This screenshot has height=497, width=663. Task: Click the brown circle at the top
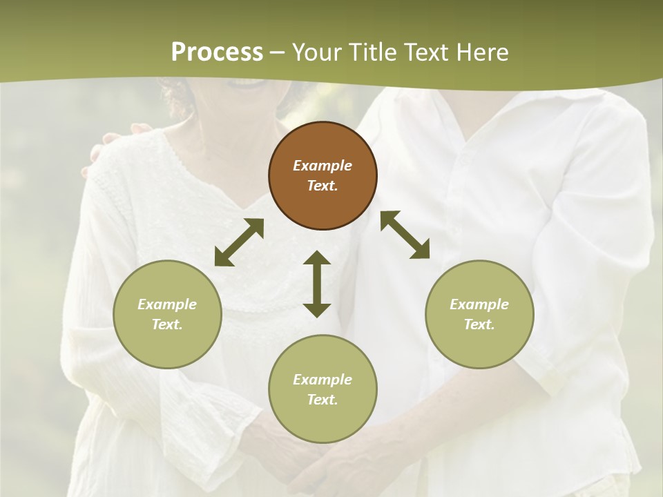[323, 175]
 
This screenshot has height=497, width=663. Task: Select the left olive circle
[167, 314]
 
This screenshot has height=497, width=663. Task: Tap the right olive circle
[479, 314]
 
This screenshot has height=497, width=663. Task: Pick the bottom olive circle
[323, 389]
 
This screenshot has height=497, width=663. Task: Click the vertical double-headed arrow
[317, 284]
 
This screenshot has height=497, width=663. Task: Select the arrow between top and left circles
[239, 242]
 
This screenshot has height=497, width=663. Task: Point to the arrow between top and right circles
[405, 235]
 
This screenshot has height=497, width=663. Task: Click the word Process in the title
[217, 52]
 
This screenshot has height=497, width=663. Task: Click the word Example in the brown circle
[323, 166]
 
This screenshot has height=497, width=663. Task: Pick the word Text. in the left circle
[167, 324]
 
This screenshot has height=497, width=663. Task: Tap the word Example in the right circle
[479, 304]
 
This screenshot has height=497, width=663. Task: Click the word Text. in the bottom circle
[323, 400]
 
